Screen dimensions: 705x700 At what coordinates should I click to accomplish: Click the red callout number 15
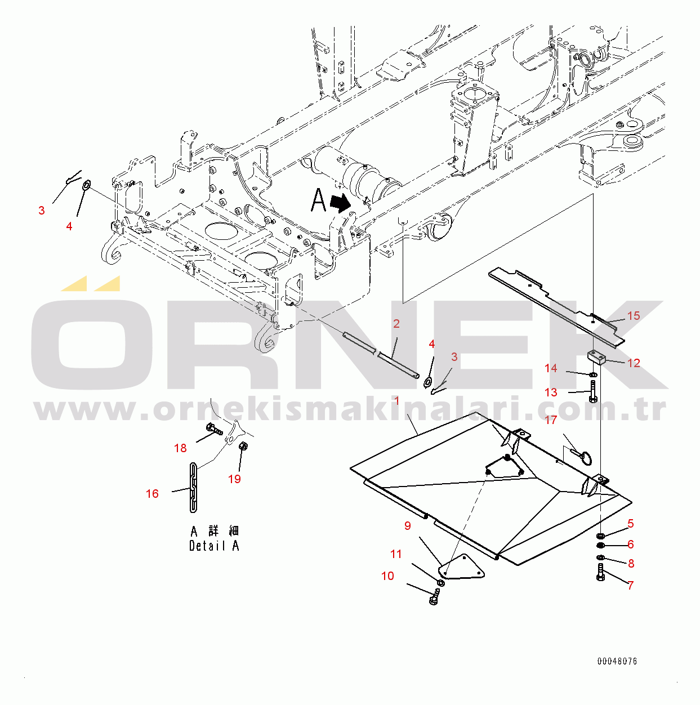coord(634,316)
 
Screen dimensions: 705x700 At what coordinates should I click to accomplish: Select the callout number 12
coord(634,363)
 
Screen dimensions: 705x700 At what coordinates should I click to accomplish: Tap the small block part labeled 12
coord(595,357)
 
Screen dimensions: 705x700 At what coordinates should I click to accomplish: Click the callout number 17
coord(551,420)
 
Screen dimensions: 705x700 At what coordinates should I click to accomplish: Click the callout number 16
coord(152,494)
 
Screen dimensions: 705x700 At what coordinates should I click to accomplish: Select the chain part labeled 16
coord(193,488)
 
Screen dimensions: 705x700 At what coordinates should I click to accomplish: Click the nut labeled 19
coord(244,446)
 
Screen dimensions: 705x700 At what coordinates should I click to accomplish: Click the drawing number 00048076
coord(617,662)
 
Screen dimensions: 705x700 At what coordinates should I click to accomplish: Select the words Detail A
coord(214,546)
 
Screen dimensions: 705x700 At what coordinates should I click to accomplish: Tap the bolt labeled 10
coord(434,599)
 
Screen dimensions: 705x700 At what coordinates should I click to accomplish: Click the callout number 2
coord(396,324)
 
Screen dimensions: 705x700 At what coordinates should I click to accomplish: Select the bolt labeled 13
coord(593,391)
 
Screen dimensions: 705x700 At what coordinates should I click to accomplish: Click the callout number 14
coord(551,368)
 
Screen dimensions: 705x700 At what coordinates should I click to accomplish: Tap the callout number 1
coord(396,401)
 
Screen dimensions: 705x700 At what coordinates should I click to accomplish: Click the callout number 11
coord(396,555)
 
